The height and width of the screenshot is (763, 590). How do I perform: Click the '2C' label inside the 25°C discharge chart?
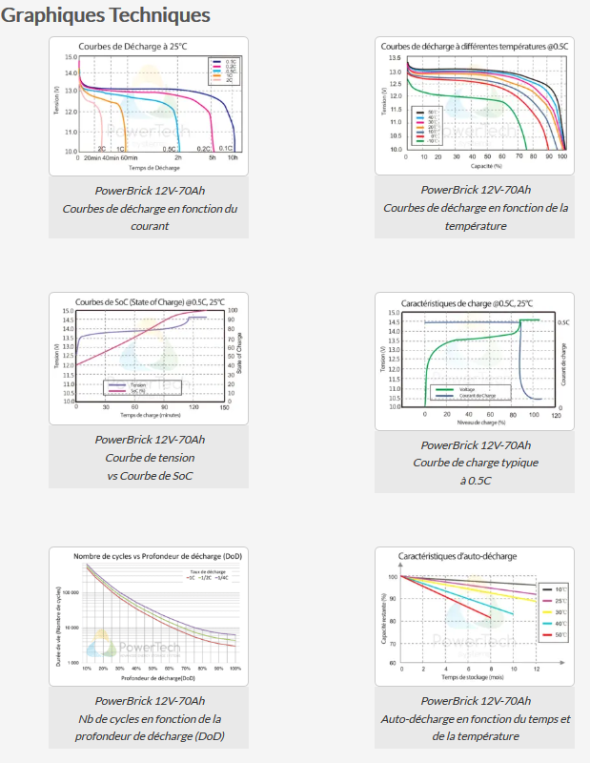tap(101, 149)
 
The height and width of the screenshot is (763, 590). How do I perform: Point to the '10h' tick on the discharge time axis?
tap(232, 157)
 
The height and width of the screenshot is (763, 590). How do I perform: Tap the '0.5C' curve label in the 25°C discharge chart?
tap(169, 149)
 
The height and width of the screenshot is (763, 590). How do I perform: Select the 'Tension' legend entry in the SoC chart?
tap(138, 384)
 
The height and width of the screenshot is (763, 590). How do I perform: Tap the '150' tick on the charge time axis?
tap(223, 406)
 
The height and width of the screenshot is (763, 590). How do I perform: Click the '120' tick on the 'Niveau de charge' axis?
tap(556, 416)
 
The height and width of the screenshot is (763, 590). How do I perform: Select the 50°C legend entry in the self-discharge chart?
tap(553, 634)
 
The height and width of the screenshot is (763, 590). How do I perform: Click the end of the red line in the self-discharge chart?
tap(491, 619)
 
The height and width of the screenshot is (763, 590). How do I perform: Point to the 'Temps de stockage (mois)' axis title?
tap(472, 676)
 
